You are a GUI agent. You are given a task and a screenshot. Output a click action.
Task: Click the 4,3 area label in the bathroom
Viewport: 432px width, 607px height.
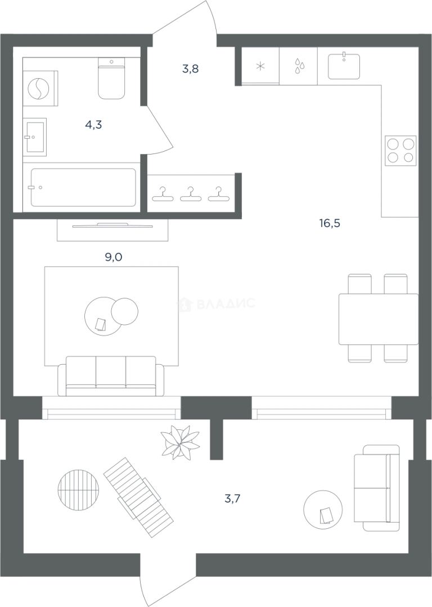93,125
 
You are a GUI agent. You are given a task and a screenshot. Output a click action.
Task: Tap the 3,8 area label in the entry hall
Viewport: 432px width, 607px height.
191,69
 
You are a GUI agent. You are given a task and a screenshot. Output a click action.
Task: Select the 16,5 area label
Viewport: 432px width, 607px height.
330,223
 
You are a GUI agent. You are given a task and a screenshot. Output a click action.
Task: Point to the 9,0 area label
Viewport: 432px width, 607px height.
114,257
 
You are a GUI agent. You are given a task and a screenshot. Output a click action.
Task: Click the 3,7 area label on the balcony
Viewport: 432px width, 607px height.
232,499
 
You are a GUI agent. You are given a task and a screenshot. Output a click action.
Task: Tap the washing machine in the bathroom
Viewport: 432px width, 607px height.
40,88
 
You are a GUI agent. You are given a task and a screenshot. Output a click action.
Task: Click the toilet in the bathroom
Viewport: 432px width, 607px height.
111,79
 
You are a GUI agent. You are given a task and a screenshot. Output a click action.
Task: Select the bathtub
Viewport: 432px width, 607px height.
83,187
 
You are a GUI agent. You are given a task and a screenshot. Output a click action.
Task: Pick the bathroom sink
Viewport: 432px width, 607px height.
35,137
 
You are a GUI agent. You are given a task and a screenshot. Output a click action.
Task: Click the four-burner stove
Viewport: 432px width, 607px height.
400,151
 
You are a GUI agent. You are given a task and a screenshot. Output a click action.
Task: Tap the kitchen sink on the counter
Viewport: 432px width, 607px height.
344,66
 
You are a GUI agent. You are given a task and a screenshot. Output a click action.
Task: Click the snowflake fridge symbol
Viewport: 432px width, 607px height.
260,66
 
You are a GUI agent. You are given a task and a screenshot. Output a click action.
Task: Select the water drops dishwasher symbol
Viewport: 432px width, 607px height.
299,66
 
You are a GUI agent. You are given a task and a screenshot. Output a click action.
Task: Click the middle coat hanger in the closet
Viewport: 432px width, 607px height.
191,194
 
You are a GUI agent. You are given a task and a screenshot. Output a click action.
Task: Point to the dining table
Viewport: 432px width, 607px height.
379,319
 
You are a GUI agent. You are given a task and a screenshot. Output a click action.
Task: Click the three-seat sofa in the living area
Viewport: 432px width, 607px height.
111,376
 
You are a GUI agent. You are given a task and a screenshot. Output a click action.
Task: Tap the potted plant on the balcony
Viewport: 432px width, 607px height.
180,442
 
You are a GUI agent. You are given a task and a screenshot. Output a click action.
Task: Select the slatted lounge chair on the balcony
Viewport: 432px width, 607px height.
138,497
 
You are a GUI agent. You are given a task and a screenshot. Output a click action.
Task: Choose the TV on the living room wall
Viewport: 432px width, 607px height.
112,225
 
